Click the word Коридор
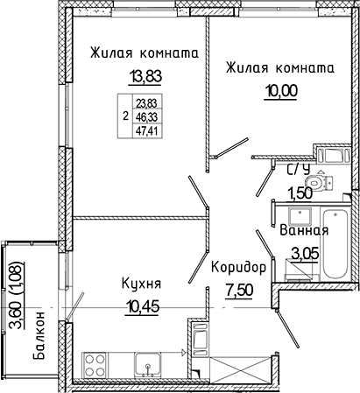point(238,266)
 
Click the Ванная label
point(304,231)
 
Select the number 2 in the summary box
point(125,115)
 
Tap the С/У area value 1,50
point(301,193)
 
